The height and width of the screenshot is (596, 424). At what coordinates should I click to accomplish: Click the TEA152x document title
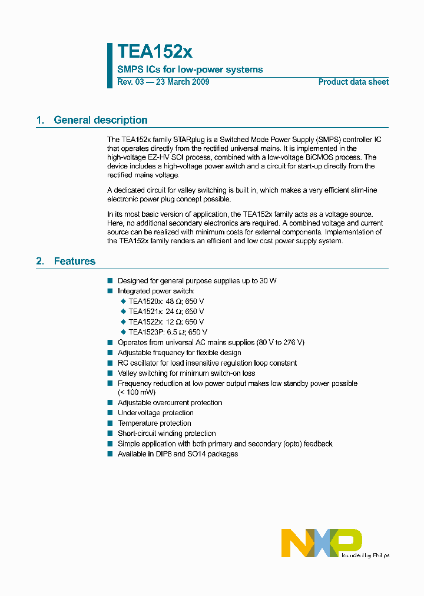pos(154,52)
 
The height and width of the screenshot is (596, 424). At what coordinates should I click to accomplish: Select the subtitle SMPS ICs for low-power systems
pos(190,69)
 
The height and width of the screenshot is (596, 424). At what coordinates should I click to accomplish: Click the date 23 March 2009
pos(182,82)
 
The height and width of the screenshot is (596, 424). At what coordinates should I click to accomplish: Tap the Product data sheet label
pos(353,82)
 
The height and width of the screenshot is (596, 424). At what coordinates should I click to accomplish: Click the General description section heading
pos(100,120)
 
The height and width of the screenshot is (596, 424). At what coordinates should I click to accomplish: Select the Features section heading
pos(74,261)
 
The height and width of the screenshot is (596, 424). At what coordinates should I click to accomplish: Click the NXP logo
pos(322,542)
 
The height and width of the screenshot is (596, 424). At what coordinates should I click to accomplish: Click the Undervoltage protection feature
pos(155,413)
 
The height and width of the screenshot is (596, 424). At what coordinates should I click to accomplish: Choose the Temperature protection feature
pos(154,423)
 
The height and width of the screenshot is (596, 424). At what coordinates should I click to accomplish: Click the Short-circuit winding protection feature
pos(167,433)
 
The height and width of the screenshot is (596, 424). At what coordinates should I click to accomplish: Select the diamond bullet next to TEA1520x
pos(123,301)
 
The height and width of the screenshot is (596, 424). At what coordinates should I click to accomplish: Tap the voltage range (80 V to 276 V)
pos(280,342)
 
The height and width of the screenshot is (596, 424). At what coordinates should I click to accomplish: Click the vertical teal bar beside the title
pos(110,65)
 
